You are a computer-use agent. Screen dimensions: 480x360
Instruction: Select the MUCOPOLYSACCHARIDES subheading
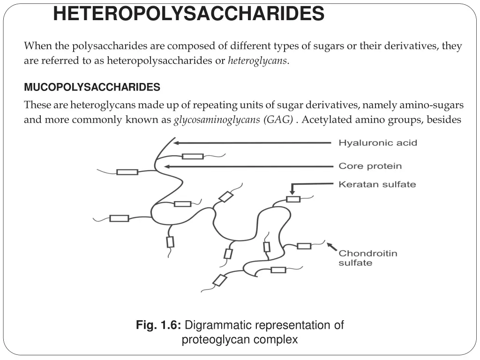[x=92, y=87]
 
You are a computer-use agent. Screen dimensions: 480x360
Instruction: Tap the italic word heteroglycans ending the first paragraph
[x=258, y=61]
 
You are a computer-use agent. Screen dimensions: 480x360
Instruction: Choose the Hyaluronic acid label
[x=377, y=142]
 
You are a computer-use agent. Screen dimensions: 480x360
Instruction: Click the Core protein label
[x=370, y=166]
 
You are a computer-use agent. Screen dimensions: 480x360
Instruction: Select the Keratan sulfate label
[x=377, y=184]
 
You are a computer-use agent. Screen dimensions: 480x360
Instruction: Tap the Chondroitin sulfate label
[x=367, y=258]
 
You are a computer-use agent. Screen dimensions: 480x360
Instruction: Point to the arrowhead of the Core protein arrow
[x=166, y=166]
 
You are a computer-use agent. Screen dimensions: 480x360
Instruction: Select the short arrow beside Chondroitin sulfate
[x=331, y=247]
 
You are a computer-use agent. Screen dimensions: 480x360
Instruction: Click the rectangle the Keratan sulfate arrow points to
[x=293, y=199]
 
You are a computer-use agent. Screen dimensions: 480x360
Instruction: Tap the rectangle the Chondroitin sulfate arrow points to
[x=304, y=246]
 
